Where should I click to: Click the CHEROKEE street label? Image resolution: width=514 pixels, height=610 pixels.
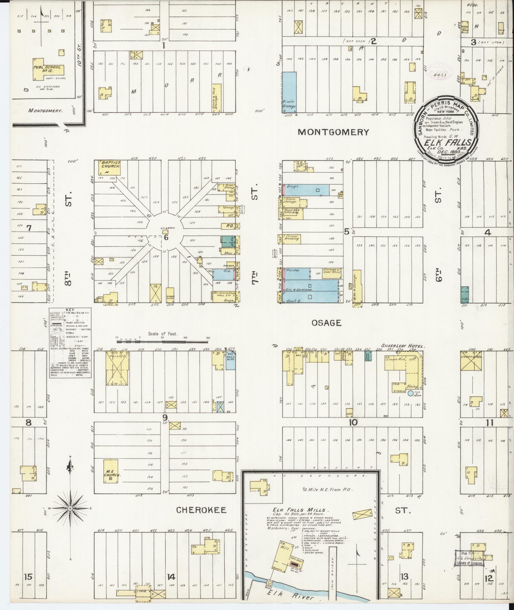[x=201, y=510]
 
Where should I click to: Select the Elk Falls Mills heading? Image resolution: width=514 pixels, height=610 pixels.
[x=299, y=510]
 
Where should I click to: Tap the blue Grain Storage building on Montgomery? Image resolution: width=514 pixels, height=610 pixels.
[x=290, y=92]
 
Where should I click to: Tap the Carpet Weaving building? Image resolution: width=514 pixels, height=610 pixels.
[x=292, y=239]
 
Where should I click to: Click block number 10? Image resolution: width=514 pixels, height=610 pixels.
[x=353, y=423]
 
